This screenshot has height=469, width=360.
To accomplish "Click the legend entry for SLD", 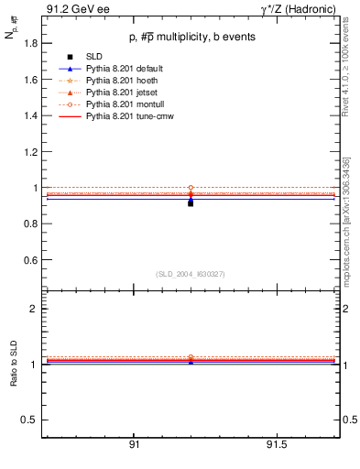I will [x=94, y=57].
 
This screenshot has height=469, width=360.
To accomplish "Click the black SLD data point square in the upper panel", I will [x=191, y=202].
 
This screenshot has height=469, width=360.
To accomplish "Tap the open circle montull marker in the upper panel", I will [x=191, y=188].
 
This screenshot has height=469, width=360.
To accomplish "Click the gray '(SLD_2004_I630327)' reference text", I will [x=191, y=274].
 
